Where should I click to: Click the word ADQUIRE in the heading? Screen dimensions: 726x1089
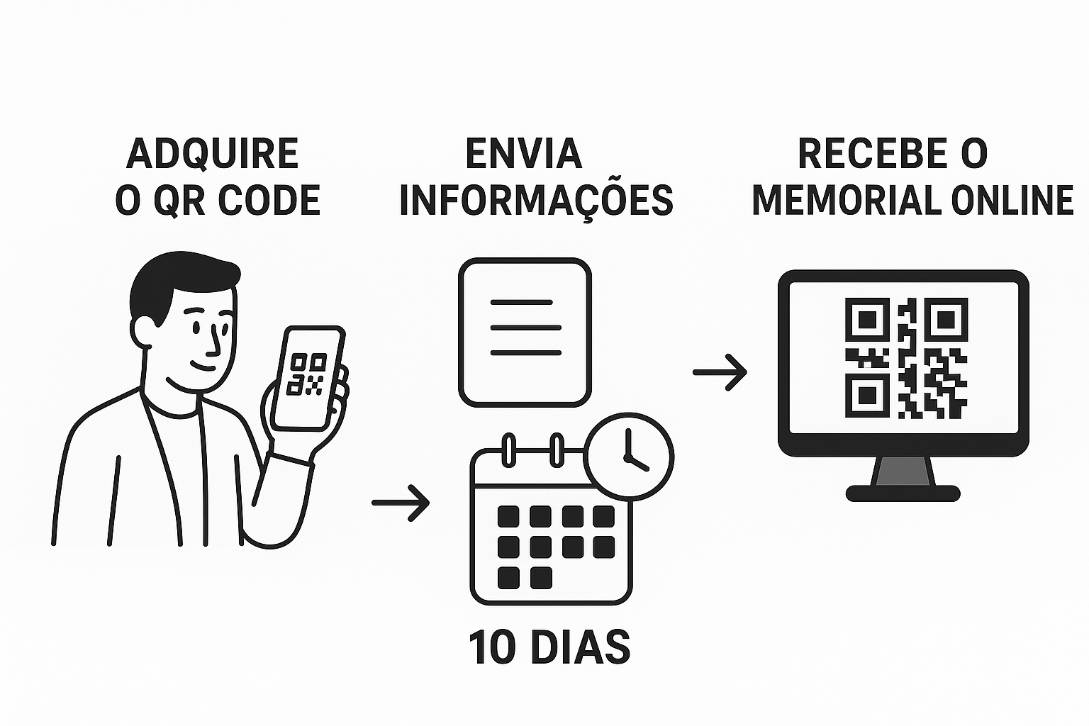(x=212, y=153)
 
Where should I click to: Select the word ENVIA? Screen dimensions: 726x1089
(x=524, y=153)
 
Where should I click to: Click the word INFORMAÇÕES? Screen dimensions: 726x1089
(x=536, y=200)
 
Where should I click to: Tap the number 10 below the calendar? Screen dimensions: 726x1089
(x=492, y=647)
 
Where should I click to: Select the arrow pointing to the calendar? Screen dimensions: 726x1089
(x=401, y=503)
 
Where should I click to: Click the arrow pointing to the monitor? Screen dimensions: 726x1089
(x=720, y=372)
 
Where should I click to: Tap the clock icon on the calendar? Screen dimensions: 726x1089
(x=629, y=456)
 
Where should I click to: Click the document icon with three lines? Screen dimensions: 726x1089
(x=525, y=332)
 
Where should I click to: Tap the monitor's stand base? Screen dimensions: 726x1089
(x=903, y=493)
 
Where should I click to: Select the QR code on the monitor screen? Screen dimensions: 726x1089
(x=906, y=358)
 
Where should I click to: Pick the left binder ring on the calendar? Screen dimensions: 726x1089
(x=508, y=449)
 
